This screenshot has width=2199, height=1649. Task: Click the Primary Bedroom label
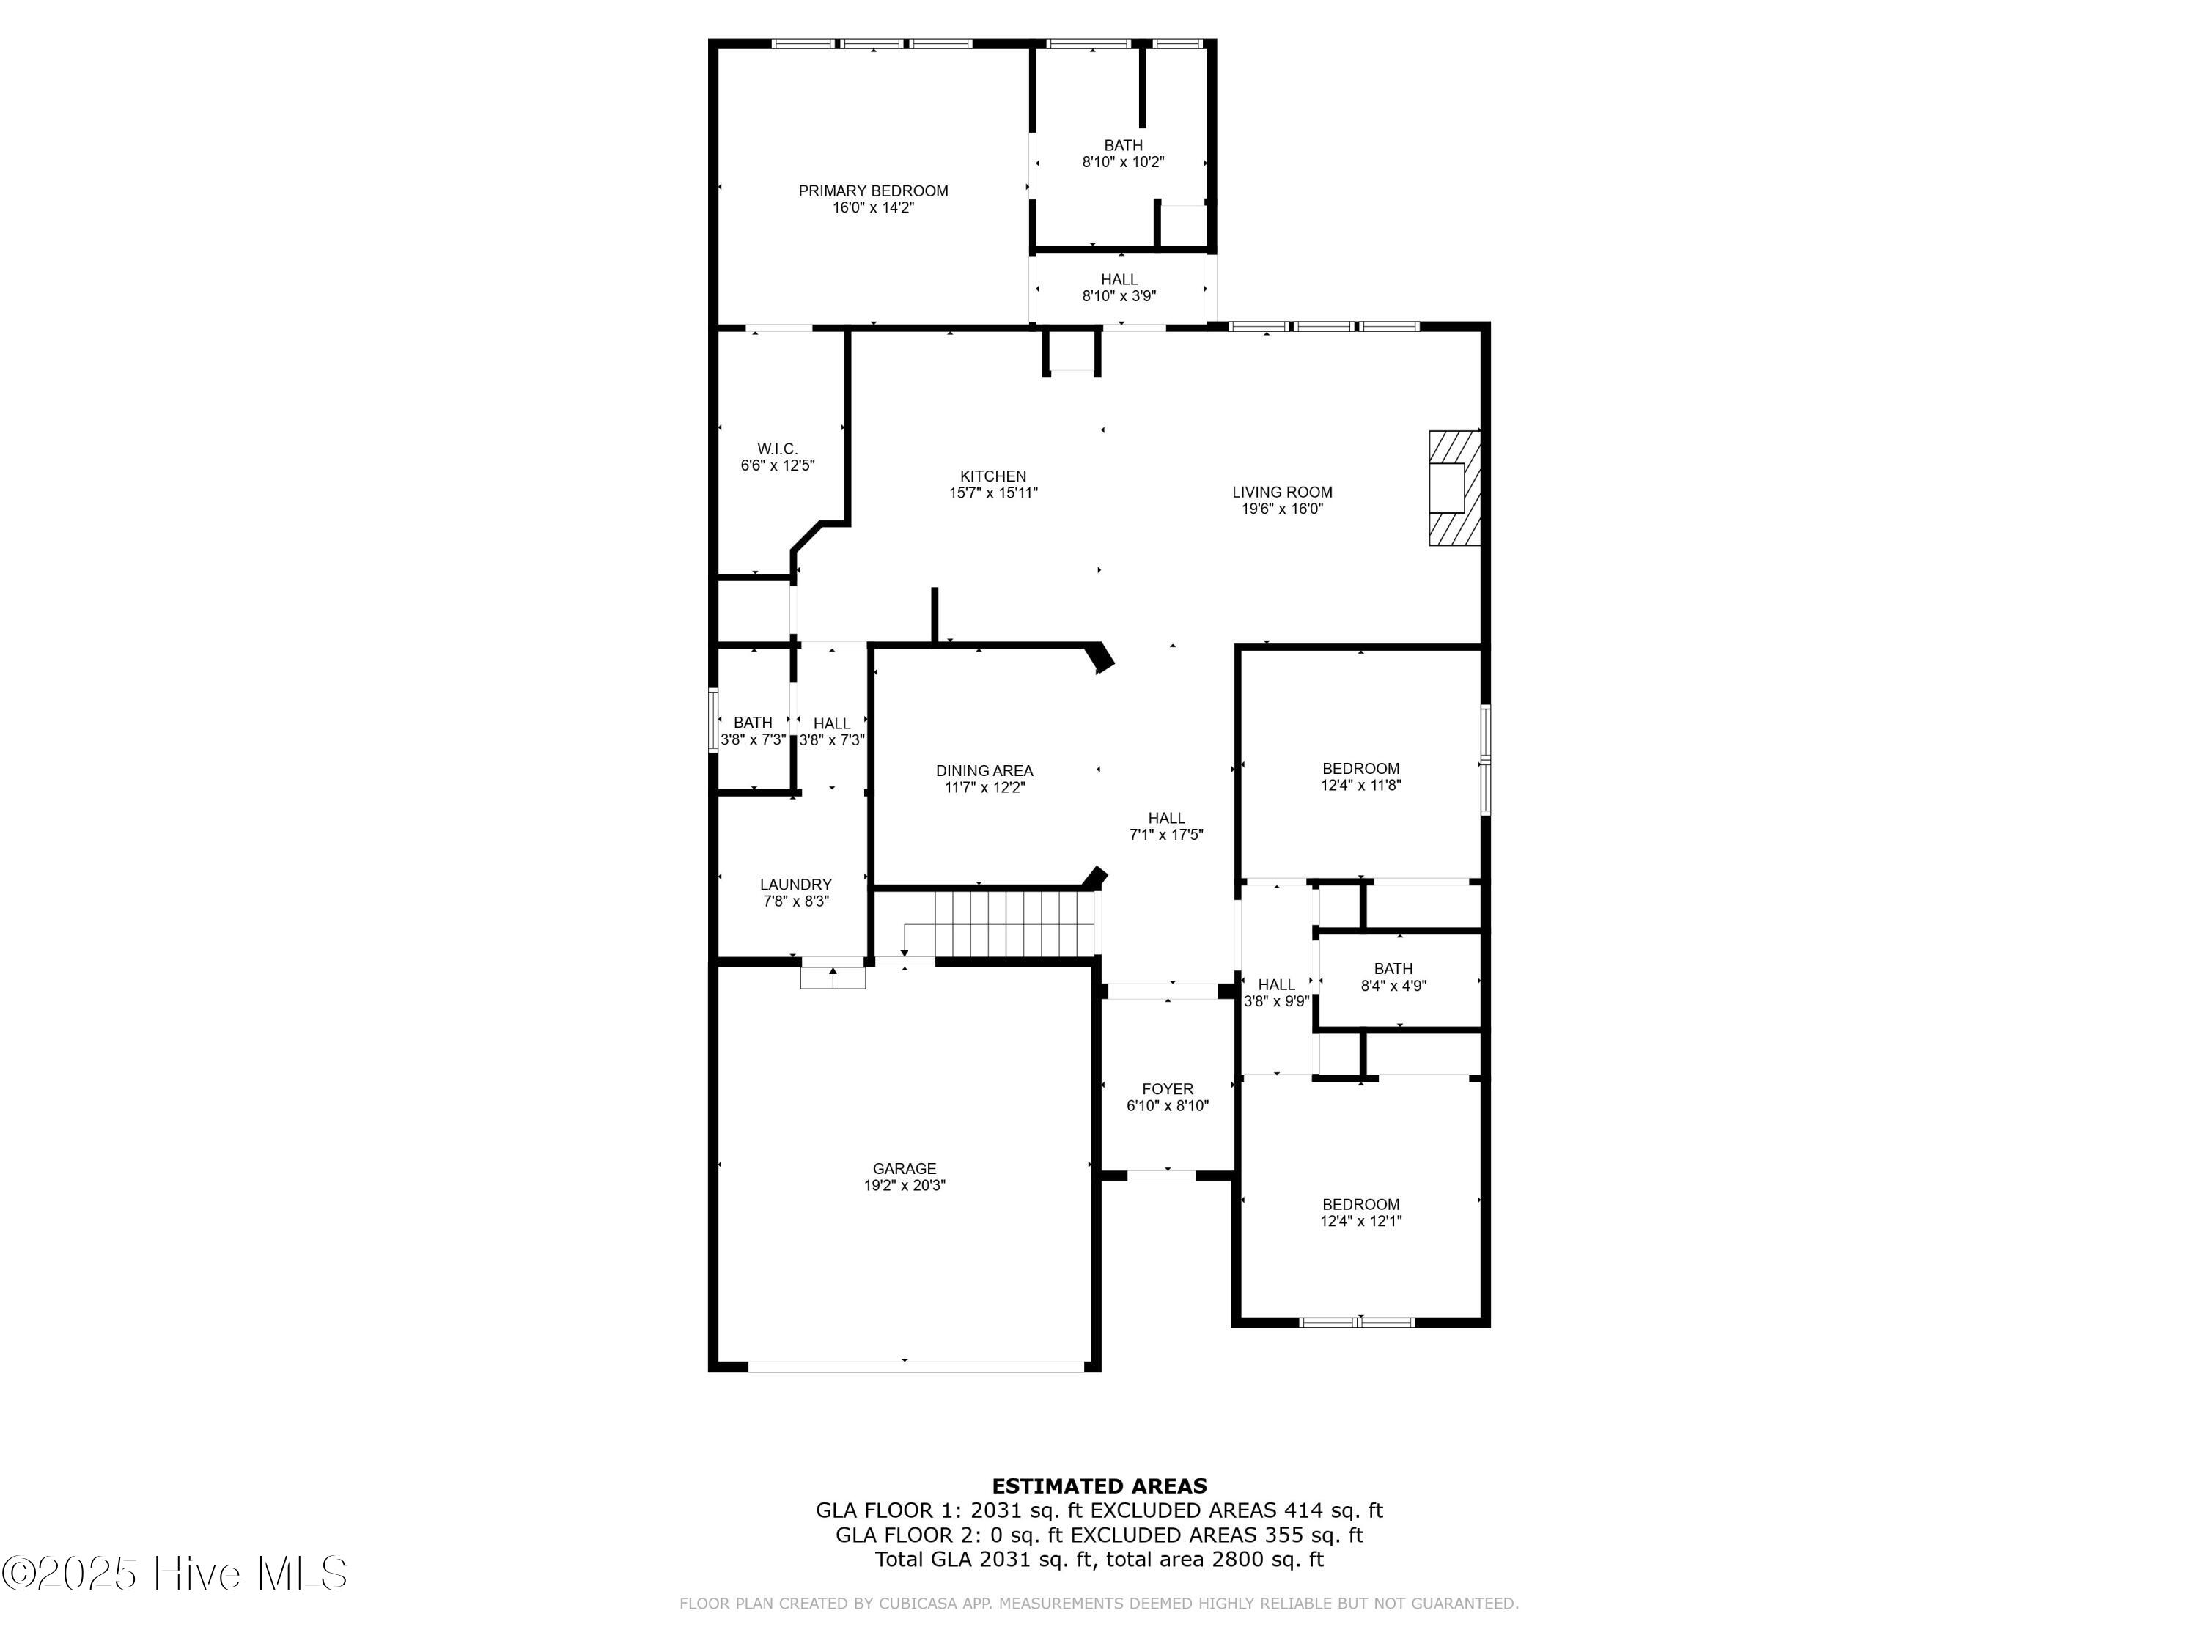click(873, 191)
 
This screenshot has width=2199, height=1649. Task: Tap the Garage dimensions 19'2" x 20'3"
click(904, 1185)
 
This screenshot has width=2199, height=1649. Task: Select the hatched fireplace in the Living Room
click(1454, 487)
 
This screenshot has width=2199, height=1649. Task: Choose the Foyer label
click(1167, 1088)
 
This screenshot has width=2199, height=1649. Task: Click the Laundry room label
click(795, 884)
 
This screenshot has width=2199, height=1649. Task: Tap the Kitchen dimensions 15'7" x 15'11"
click(992, 492)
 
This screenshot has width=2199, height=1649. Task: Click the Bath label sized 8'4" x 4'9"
click(1393, 968)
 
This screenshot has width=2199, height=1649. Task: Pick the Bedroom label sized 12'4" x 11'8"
click(1360, 768)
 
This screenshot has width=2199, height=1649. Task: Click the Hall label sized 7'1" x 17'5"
click(1166, 818)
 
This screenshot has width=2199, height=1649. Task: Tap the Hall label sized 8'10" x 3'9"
click(1119, 279)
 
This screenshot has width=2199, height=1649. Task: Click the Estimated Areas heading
click(1099, 1486)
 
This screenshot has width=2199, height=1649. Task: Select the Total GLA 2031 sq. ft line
click(1099, 1559)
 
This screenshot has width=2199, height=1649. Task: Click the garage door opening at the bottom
click(915, 1367)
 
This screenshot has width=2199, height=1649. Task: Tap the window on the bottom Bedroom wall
click(1357, 1322)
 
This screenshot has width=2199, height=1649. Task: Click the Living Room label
click(1281, 492)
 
